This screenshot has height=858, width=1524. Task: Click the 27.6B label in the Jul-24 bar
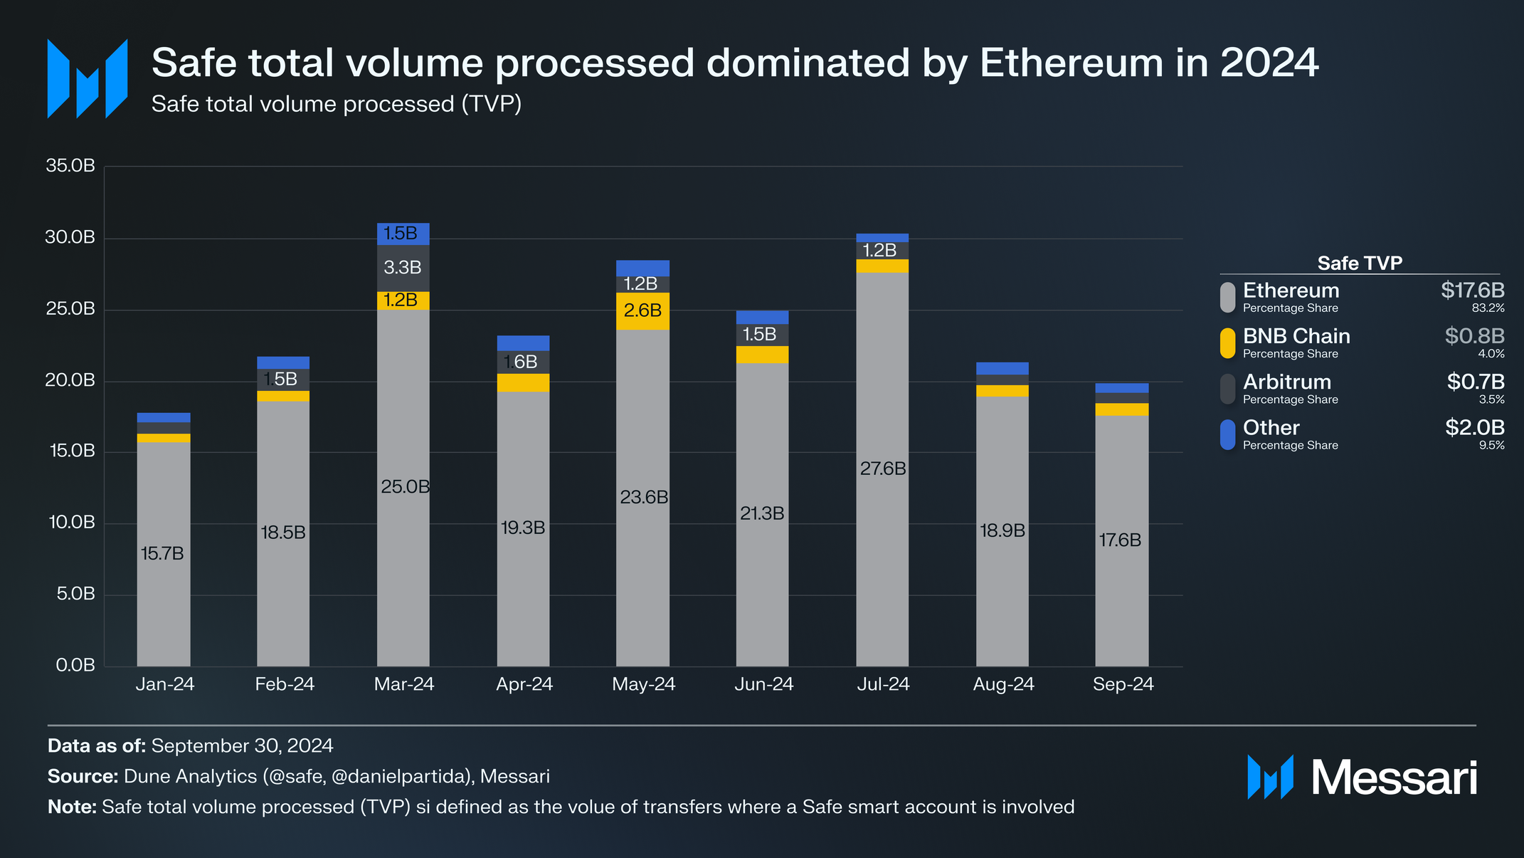882,469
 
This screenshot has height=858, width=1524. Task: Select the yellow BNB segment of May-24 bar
642,311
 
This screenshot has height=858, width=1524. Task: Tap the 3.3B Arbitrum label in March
403,268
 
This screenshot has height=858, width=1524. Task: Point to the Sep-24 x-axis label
1123,684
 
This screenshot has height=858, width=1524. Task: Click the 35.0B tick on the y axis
70,166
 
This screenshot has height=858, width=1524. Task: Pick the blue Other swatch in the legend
1227,434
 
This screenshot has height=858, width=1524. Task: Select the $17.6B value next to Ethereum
1472,291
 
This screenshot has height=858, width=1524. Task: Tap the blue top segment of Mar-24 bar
403,234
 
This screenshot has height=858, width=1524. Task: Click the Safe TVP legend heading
1359,263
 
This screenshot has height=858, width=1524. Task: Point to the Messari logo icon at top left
87,78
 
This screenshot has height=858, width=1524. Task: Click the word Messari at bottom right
1394,778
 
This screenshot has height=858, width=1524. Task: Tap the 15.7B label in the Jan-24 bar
162,553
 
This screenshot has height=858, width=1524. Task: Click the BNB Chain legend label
1296,336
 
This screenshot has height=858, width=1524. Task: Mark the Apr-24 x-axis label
524,684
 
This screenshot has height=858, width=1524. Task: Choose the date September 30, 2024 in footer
242,745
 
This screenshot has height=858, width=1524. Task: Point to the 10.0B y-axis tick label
71,523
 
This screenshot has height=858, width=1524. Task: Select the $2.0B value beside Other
1474,427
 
